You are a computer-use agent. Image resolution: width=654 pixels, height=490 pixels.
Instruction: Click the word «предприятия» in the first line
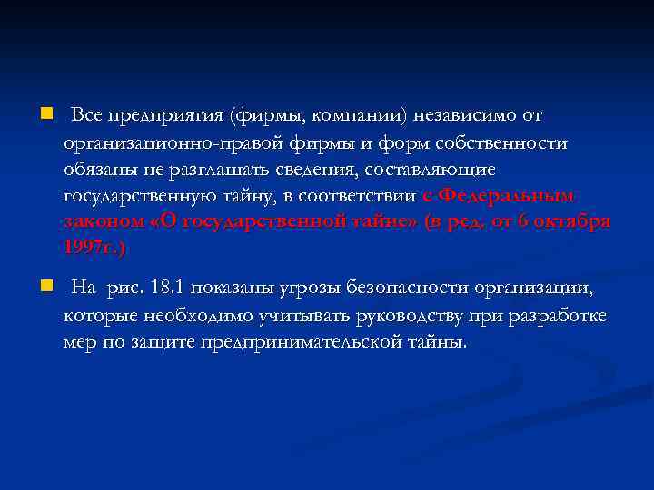click(165, 116)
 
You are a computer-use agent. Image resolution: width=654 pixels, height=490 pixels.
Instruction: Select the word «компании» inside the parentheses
click(362, 116)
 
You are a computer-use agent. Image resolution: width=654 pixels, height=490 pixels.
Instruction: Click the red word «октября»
click(573, 221)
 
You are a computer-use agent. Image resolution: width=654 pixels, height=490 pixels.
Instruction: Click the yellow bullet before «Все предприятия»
click(46, 115)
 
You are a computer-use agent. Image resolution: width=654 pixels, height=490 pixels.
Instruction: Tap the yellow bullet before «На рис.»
click(46, 288)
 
